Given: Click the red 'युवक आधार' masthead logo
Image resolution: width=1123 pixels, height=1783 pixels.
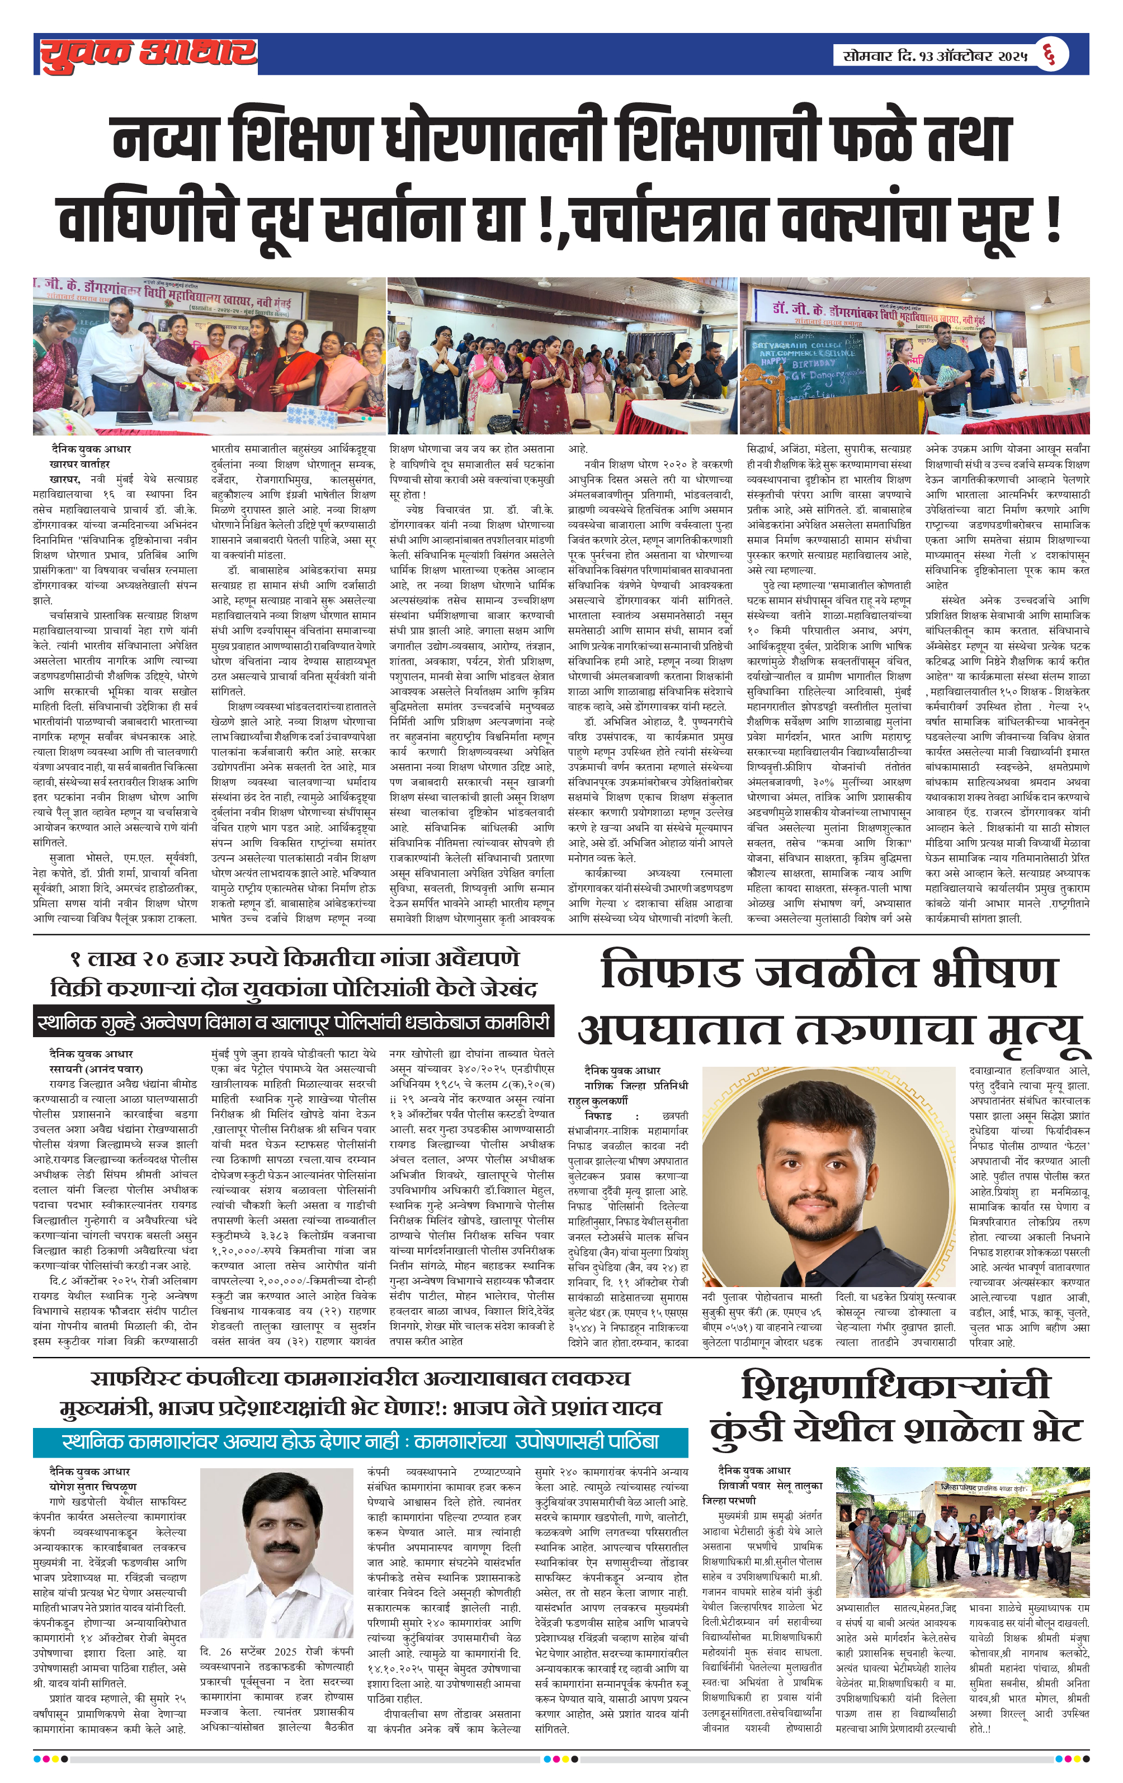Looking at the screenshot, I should tap(148, 55).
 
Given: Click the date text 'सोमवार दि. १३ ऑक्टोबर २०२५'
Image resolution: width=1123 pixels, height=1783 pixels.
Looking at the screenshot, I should tap(935, 55).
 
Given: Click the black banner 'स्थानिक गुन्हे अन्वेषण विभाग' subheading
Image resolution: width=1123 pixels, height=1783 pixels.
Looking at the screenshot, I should tap(294, 1023).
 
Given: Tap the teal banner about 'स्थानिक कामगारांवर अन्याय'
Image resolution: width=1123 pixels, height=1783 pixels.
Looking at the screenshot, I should tap(360, 1441).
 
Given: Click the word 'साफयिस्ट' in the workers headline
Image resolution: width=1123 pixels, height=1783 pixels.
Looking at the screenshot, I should tap(136, 1379).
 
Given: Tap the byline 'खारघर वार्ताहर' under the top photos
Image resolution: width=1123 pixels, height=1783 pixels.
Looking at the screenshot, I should tap(79, 464).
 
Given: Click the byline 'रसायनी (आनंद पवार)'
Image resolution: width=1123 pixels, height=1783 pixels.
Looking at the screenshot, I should tap(96, 1069).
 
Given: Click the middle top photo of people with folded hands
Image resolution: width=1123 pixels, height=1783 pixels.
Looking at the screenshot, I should tap(563, 356).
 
